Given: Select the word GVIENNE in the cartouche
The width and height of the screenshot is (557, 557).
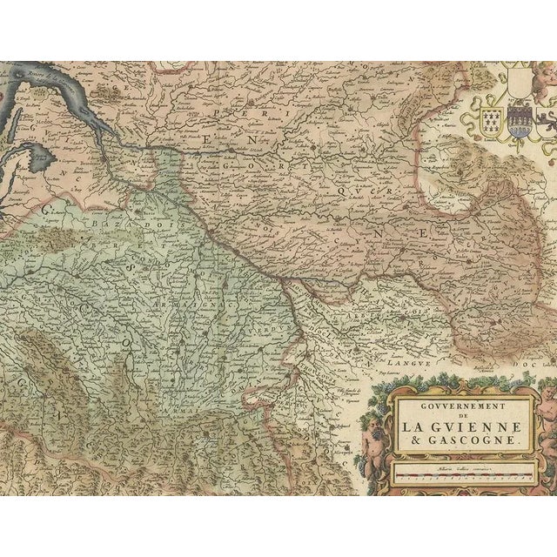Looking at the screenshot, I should point(476,426).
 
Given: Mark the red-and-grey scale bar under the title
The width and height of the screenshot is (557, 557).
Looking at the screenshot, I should point(459,475).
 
